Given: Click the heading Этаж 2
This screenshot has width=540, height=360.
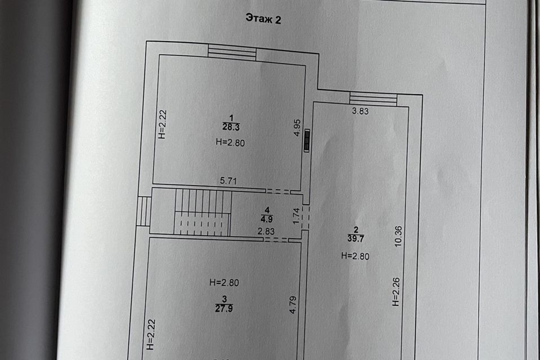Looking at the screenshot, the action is coord(263,18).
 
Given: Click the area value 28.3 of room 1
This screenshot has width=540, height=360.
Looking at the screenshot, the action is coord(231,127).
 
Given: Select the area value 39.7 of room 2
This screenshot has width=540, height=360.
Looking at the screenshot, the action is coord(355,238).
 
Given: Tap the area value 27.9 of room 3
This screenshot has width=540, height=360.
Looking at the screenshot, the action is coord(224,308).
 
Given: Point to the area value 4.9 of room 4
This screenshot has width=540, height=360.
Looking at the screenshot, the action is coord(267,219).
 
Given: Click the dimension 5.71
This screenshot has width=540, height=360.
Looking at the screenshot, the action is coord(228,181).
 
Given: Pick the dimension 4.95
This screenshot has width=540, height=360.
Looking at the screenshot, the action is coord(298,128).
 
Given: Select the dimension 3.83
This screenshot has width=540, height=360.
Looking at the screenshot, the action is coord(360,111).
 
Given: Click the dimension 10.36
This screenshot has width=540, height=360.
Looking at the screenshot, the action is coord(398,236).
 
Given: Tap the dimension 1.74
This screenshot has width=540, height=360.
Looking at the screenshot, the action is coord(296,216).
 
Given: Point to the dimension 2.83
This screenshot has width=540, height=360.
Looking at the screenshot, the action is coord(266,231).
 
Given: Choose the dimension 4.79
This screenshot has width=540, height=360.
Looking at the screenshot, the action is coord(292,305).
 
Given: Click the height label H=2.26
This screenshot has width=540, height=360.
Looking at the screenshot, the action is coord(396,292).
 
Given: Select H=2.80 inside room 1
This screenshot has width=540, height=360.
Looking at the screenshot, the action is coord(231,142).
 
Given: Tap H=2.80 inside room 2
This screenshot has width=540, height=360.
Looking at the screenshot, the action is coord(355,256).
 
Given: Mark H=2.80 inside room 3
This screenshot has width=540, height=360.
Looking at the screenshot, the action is coord(224,282).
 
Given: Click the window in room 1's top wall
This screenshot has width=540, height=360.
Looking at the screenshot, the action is coord(232,53).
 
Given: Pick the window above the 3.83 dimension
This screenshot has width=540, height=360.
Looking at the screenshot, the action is coord(373,98).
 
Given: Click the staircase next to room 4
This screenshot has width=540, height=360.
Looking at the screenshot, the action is coord(203,212).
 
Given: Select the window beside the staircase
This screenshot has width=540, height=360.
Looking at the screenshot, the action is coord(144,211).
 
